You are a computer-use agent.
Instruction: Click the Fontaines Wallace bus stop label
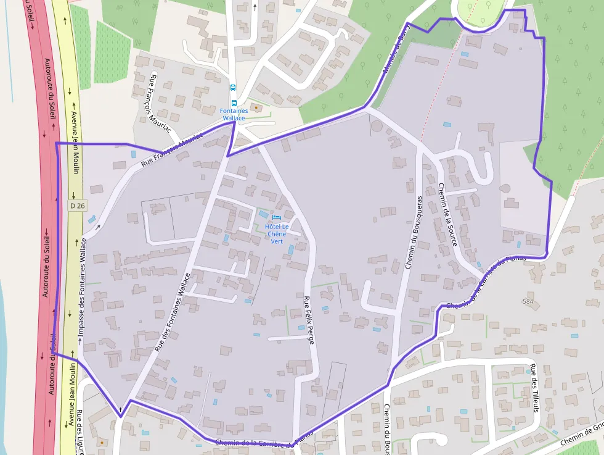click(234, 114)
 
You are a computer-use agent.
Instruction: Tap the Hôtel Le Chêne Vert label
click(277, 233)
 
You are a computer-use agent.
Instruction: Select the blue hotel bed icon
click(275, 218)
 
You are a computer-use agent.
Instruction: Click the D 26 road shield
click(76, 206)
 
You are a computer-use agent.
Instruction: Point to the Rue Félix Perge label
click(309, 320)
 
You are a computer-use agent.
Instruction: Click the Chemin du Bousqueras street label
click(414, 233)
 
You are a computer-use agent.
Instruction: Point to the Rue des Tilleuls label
click(534, 388)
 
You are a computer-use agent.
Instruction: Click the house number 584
click(527, 302)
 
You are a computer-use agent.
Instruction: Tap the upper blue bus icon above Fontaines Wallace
click(233, 88)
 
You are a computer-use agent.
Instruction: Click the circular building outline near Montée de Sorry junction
click(376, 126)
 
